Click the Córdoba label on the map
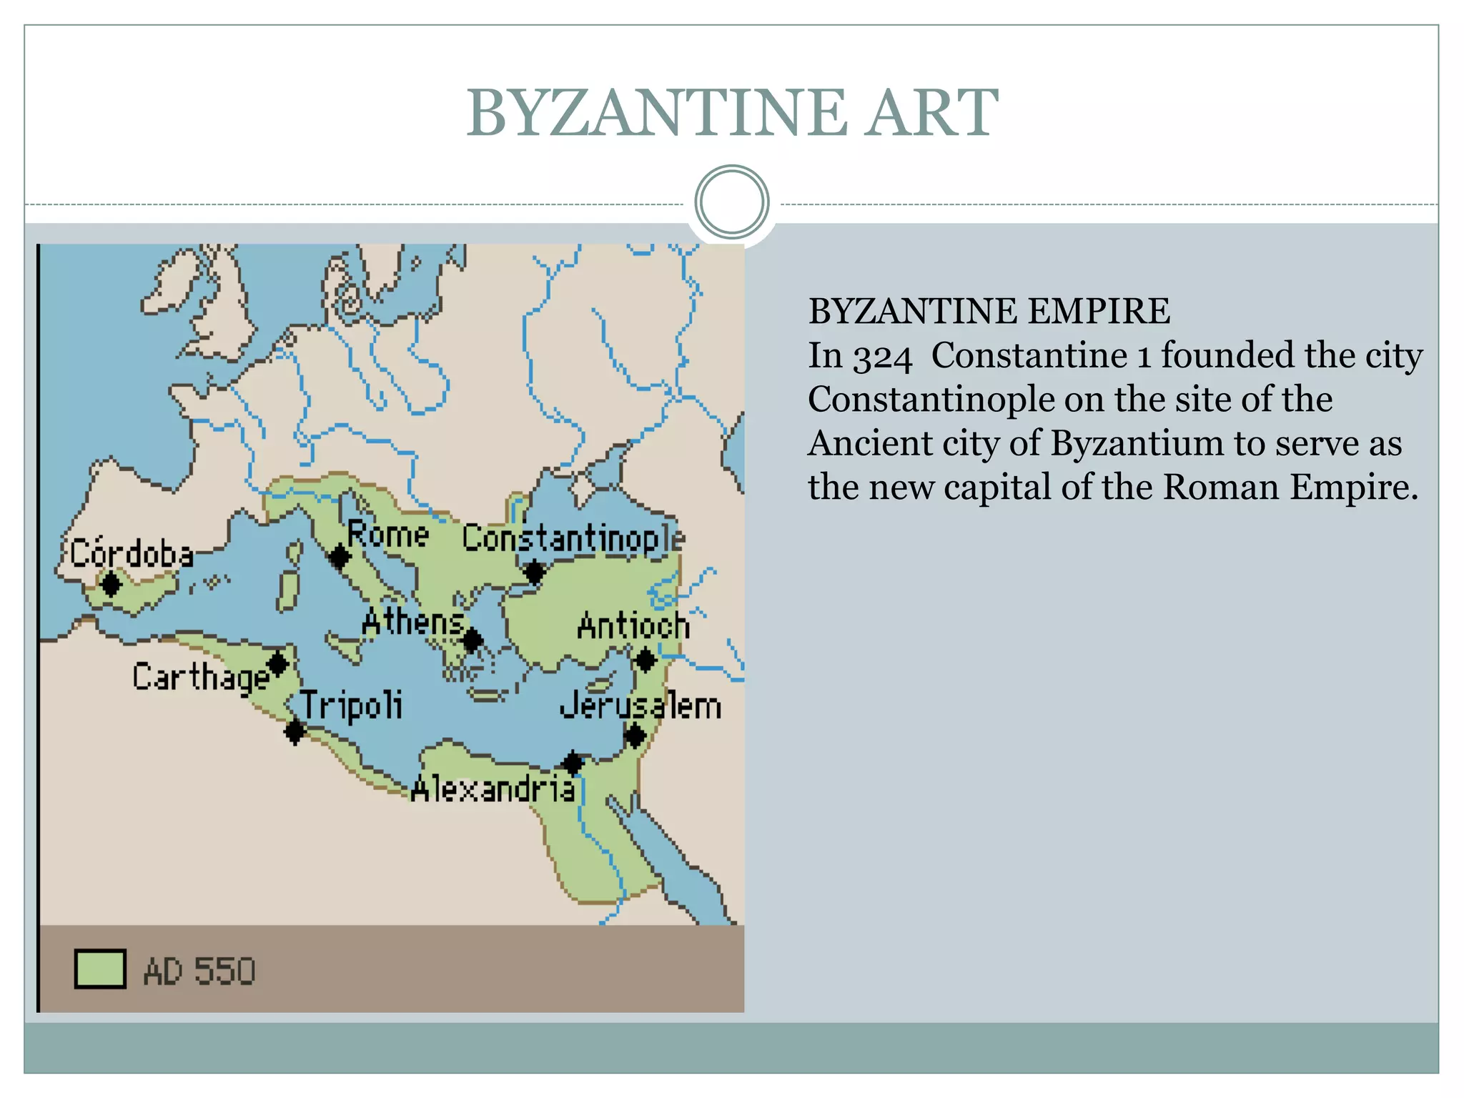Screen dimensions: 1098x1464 (x=132, y=554)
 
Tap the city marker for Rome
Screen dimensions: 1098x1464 (x=340, y=556)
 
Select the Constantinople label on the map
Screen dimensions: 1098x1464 (x=573, y=538)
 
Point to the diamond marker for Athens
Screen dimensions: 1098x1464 (x=473, y=640)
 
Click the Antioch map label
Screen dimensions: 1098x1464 (x=633, y=626)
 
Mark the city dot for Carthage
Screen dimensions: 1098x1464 (x=278, y=664)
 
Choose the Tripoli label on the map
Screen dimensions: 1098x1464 (x=351, y=706)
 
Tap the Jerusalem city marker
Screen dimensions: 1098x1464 (x=635, y=735)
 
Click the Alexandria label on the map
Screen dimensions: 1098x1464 (x=493, y=789)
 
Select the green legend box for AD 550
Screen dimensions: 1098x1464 (x=101, y=969)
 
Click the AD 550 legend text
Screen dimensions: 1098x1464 (x=199, y=971)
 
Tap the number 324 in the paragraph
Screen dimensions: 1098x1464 (x=882, y=356)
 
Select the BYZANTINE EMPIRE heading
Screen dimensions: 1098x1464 (x=989, y=312)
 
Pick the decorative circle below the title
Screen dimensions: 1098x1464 (x=731, y=202)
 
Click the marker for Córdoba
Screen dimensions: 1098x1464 (x=111, y=584)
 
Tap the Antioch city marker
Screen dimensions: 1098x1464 (x=646, y=660)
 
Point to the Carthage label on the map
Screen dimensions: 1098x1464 (x=201, y=676)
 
